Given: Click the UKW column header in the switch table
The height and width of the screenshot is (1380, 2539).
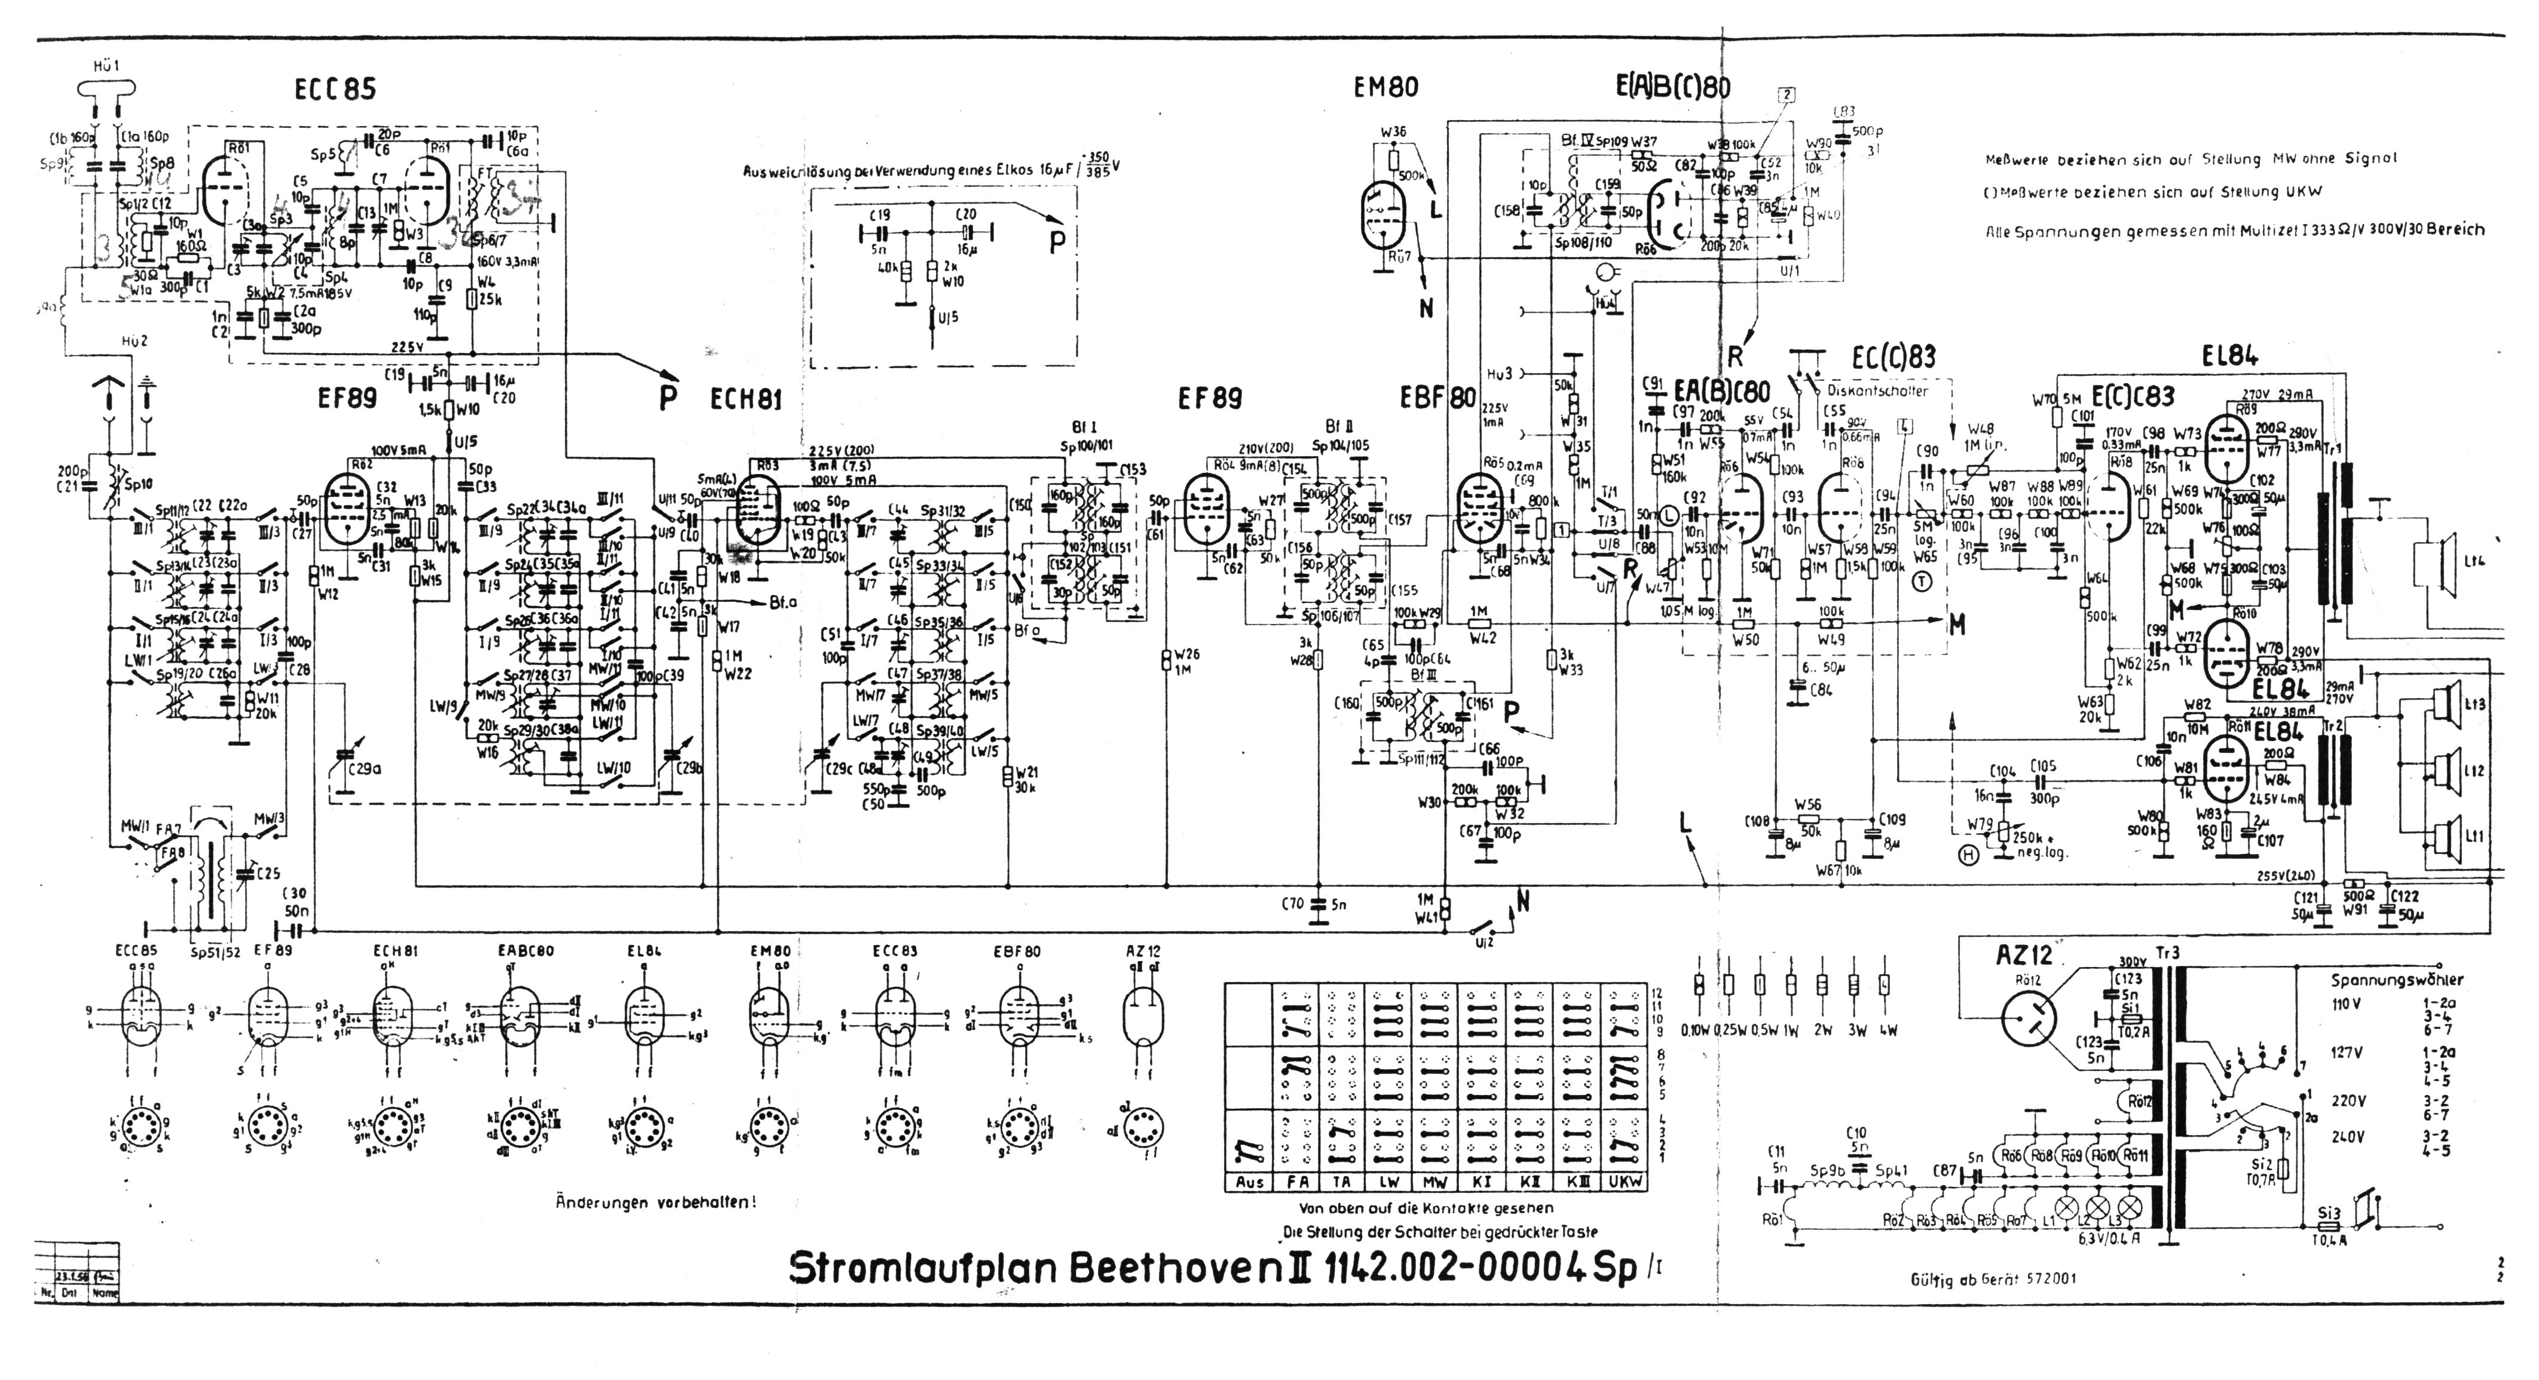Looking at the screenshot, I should point(1625,1182).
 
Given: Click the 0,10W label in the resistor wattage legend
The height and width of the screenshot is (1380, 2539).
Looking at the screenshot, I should point(1697,1031).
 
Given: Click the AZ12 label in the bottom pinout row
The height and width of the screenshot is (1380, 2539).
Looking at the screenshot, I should point(1143,951).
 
